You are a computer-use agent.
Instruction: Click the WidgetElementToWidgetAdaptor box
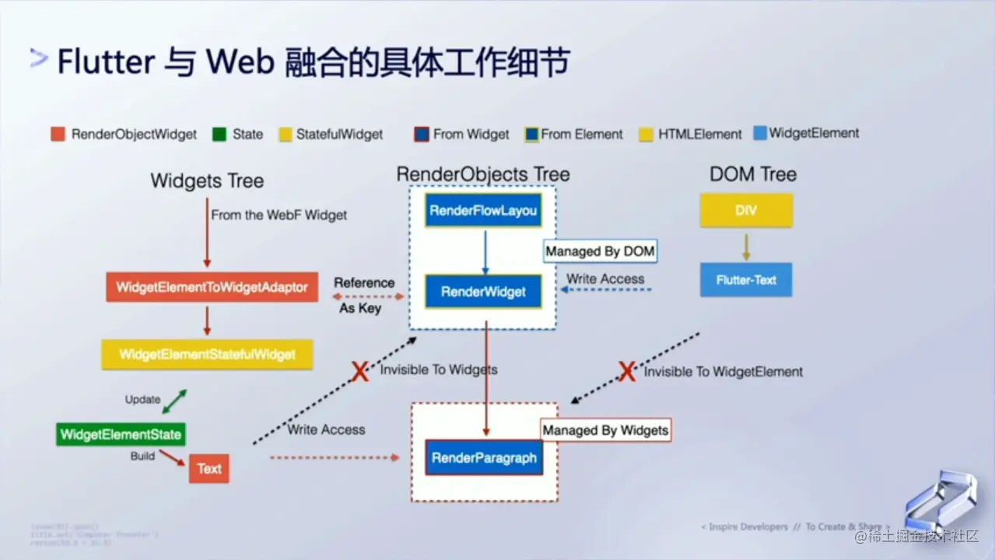coord(212,288)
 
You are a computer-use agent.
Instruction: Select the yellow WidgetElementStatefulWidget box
coord(207,355)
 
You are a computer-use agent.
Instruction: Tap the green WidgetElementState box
coord(121,435)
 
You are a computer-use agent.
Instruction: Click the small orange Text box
coord(208,468)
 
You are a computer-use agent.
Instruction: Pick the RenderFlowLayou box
coord(483,211)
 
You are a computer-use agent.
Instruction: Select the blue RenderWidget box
coord(483,292)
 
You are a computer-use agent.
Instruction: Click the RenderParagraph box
coord(484,457)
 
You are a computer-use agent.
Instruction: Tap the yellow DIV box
coord(746,211)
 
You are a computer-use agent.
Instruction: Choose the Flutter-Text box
coord(746,280)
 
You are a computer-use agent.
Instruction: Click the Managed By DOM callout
coord(600,251)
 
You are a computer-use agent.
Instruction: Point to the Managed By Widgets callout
coord(605,430)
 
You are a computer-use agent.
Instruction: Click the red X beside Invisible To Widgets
coord(360,371)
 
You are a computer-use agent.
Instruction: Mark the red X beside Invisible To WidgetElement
coord(627,372)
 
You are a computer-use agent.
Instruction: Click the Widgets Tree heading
coord(207,181)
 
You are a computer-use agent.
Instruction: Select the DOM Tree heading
coord(752,174)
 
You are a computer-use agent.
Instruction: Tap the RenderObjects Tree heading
coord(483,174)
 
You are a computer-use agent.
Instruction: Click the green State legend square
coord(219,135)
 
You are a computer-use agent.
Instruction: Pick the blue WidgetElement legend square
coord(759,134)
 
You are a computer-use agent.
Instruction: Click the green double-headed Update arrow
coord(174,401)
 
